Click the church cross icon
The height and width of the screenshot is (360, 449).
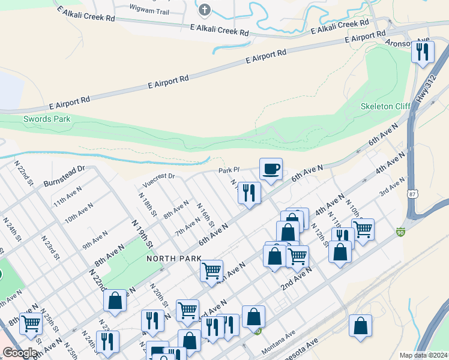(x=205, y=10)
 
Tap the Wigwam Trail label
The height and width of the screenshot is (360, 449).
(x=149, y=11)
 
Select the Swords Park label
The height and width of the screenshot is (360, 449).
(x=47, y=119)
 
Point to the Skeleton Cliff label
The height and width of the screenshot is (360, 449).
(x=384, y=106)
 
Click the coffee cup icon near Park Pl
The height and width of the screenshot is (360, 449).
(x=271, y=169)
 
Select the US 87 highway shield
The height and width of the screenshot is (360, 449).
(x=411, y=194)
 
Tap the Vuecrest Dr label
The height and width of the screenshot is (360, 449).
(x=158, y=176)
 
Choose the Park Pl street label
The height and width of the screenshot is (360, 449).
(x=229, y=170)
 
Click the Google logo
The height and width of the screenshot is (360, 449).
(x=20, y=353)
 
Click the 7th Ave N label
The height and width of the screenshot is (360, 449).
(x=187, y=227)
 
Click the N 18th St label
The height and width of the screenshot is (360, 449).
(x=147, y=205)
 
